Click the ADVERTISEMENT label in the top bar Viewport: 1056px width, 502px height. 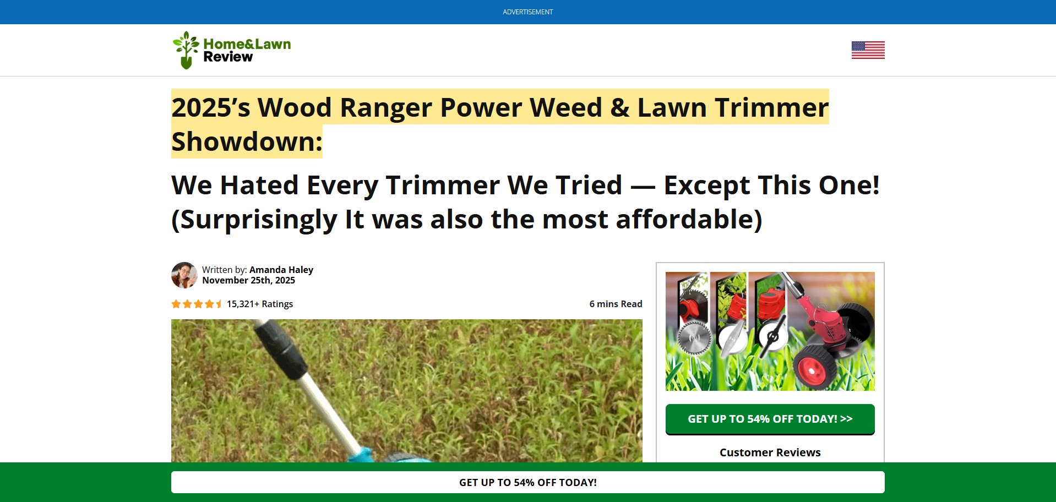[x=527, y=12]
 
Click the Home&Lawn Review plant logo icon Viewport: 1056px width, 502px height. [x=186, y=50]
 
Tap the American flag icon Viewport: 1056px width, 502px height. [x=868, y=50]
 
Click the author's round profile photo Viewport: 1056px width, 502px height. [x=184, y=275]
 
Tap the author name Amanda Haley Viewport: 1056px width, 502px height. [x=281, y=270]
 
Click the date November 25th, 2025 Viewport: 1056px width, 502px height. [x=248, y=280]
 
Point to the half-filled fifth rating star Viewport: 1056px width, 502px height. [x=219, y=304]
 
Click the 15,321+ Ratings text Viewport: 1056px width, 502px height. [x=260, y=304]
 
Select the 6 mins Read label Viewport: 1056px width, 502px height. [x=616, y=304]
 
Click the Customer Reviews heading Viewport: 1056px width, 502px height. [x=770, y=452]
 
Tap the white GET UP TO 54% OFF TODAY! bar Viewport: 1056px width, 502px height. [x=527, y=482]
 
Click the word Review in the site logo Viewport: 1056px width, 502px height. [x=228, y=57]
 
